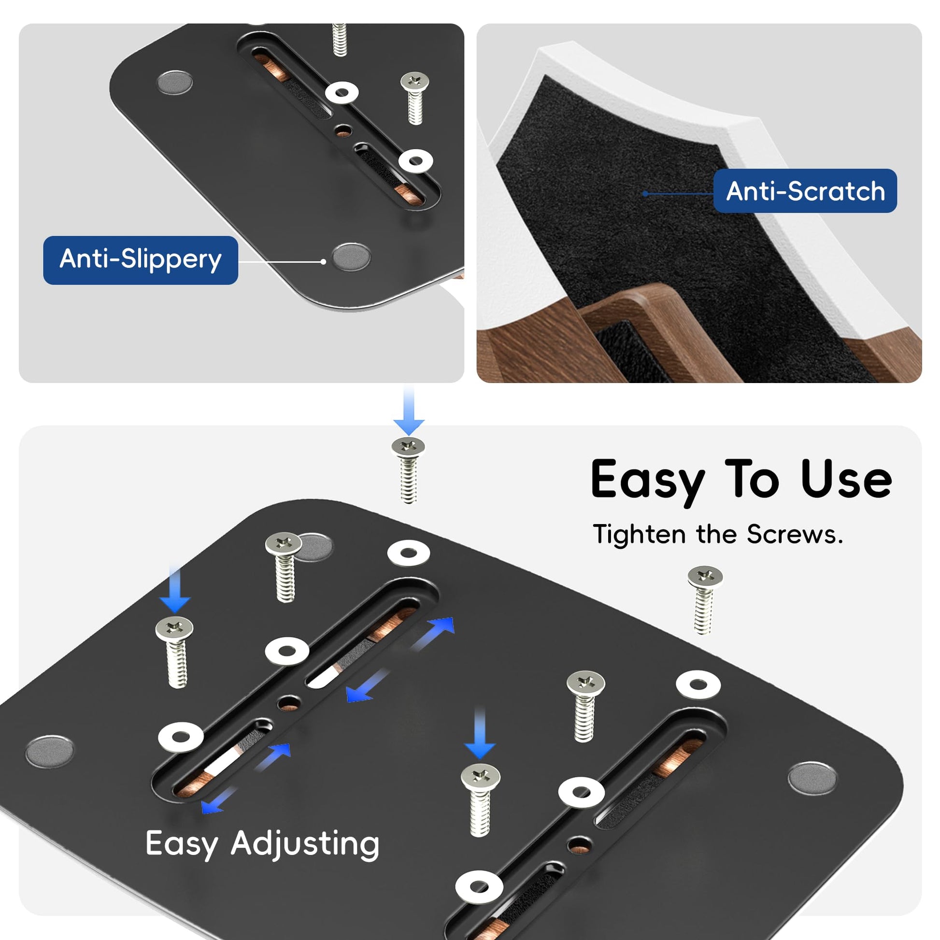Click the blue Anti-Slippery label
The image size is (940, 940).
(x=141, y=260)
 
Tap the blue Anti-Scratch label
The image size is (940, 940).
(x=805, y=191)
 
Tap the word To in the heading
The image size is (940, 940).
(x=752, y=480)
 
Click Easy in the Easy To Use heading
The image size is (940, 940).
(x=648, y=482)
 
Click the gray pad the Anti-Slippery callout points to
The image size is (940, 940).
(x=351, y=257)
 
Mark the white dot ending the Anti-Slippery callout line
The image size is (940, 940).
(x=323, y=262)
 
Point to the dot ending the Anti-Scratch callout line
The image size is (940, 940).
(x=645, y=194)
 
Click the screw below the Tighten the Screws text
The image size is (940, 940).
(x=704, y=599)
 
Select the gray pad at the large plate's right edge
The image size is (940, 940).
(x=812, y=779)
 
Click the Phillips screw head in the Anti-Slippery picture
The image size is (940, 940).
(x=414, y=81)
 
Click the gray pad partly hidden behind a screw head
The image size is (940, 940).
(x=314, y=546)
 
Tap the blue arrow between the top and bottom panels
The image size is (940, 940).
(x=409, y=412)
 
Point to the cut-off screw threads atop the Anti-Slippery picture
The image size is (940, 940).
(x=339, y=40)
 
